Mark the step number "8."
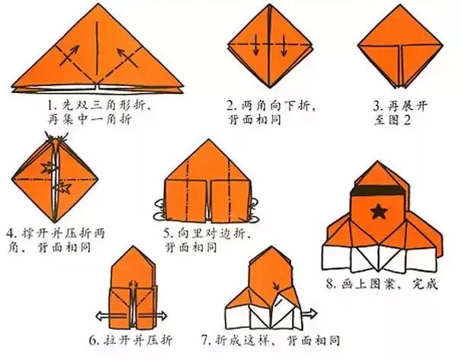click(x=331, y=285)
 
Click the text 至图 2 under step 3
click(x=390, y=120)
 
